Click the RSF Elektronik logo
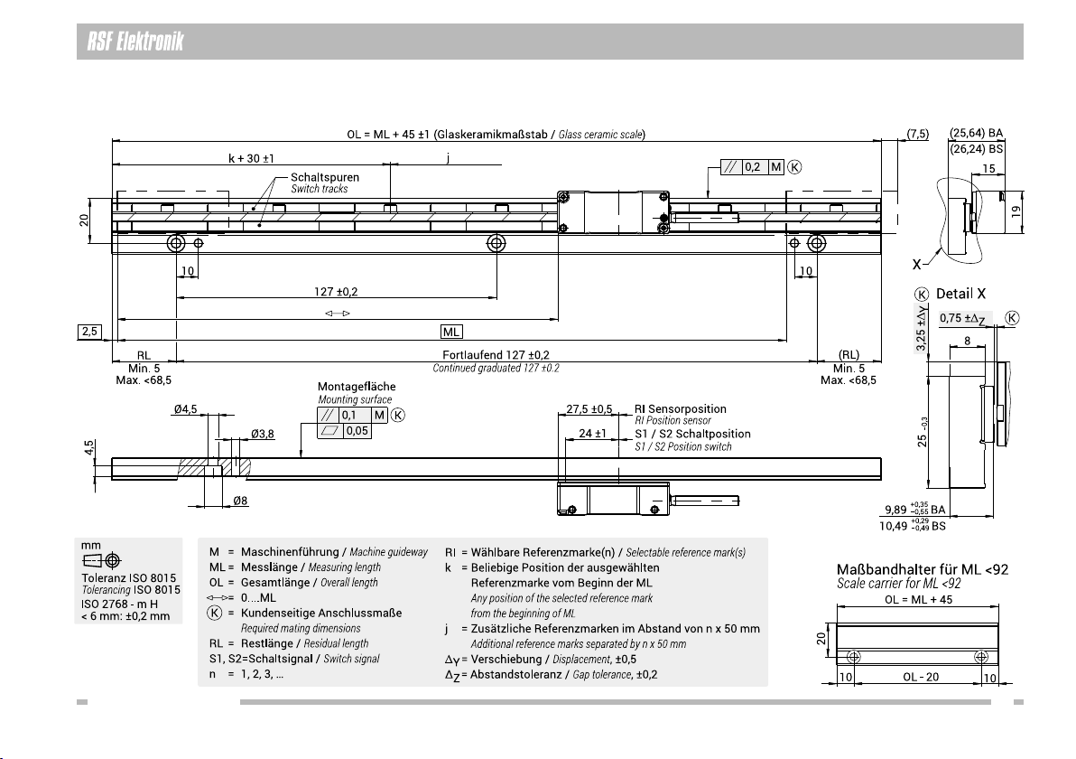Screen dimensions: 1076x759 [135, 42]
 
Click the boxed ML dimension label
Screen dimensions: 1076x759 [450, 332]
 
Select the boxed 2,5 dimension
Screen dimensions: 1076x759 [90, 332]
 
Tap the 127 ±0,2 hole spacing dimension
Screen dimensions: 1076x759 [336, 291]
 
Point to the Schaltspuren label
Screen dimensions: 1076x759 [325, 177]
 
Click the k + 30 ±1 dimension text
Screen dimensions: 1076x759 [251, 158]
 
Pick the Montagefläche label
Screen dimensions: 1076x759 [357, 387]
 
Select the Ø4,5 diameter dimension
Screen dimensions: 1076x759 [184, 409]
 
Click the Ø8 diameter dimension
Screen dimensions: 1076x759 [240, 501]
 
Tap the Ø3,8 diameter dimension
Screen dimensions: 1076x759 [262, 434]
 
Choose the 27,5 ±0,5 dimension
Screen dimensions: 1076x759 [589, 409]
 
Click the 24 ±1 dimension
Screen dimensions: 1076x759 [592, 434]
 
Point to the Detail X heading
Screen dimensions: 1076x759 [960, 294]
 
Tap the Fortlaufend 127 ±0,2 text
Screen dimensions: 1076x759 [496, 355]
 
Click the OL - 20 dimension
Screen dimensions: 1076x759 [920, 677]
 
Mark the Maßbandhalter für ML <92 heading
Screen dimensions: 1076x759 [923, 569]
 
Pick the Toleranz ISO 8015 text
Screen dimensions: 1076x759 [128, 577]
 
